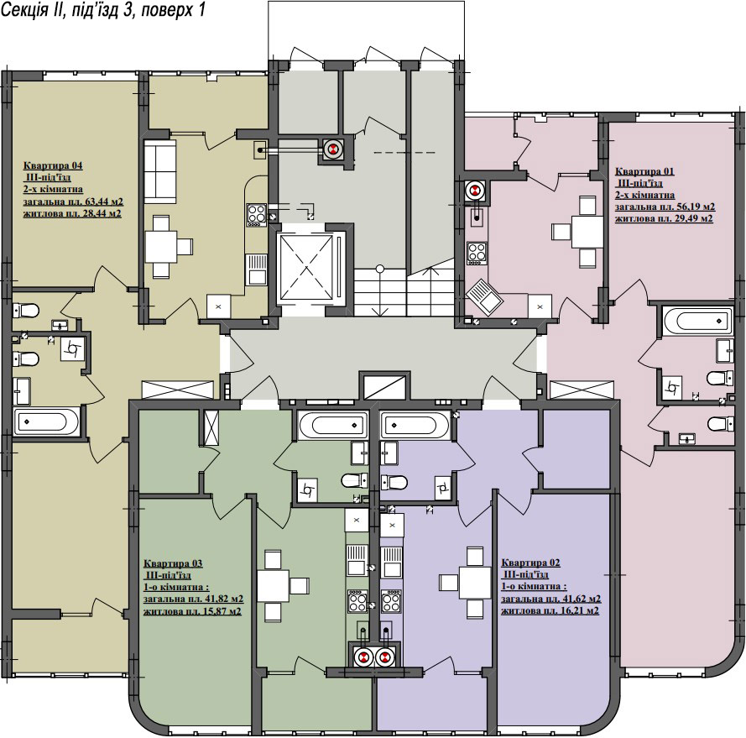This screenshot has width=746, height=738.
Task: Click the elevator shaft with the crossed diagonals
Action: pyautogui.click(x=306, y=269)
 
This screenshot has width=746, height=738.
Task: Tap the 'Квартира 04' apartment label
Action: pyautogui.click(x=53, y=165)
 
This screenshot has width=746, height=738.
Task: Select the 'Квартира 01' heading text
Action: pyautogui.click(x=644, y=171)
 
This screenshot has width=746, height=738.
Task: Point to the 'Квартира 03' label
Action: pyautogui.click(x=173, y=563)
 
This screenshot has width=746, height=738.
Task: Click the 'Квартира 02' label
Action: pyautogui.click(x=530, y=563)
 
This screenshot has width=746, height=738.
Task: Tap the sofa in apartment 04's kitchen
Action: pyautogui.click(x=159, y=171)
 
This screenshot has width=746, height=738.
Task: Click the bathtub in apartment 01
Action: pyautogui.click(x=698, y=320)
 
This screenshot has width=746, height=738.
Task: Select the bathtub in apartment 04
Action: pyautogui.click(x=47, y=421)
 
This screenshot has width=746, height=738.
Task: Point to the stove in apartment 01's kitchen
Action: pyautogui.click(x=477, y=253)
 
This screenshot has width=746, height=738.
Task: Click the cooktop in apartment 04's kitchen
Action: pyautogui.click(x=257, y=215)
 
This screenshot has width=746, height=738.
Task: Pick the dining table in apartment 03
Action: pyautogui.click(x=273, y=584)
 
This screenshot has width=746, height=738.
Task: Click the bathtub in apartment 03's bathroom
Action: pyautogui.click(x=333, y=424)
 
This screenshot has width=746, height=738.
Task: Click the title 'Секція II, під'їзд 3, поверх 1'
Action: pyautogui.click(x=102, y=9)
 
